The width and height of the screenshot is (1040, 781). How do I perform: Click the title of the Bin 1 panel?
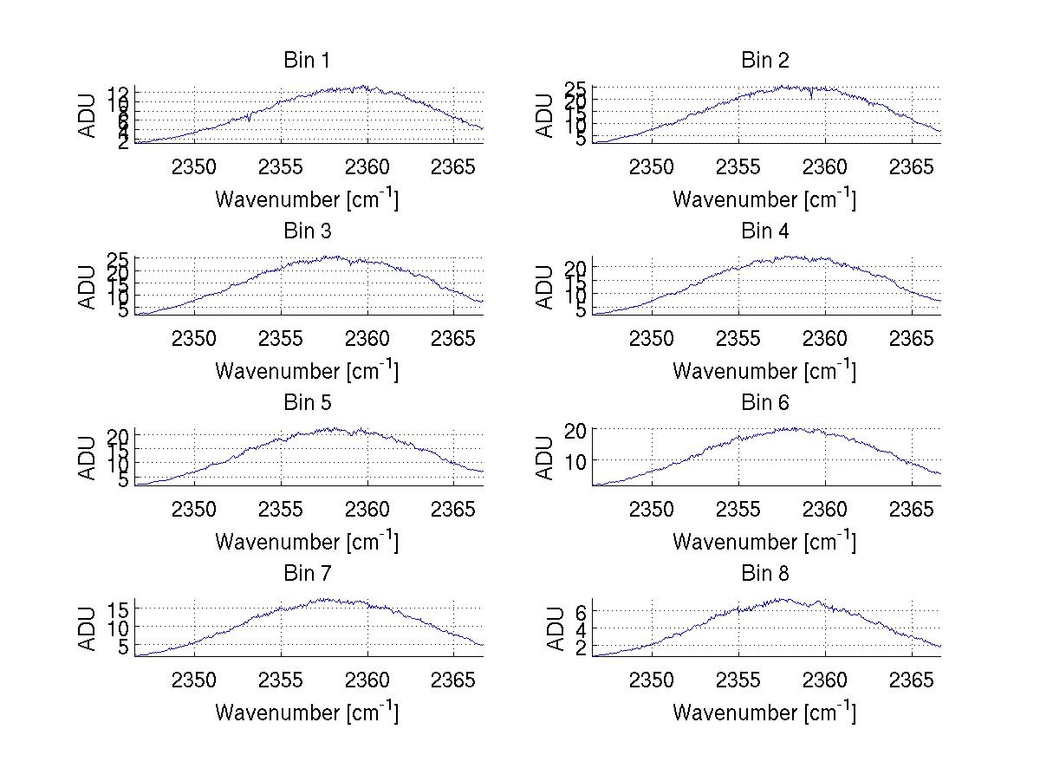(x=307, y=61)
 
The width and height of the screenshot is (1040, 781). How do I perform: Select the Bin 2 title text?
(x=765, y=61)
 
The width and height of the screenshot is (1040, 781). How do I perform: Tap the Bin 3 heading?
(x=307, y=231)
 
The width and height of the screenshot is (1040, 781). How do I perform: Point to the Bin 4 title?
(x=765, y=231)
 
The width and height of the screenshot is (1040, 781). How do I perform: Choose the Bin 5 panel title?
(x=307, y=403)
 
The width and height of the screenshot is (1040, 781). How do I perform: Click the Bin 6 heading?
(x=765, y=403)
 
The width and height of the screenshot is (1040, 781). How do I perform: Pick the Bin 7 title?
(x=307, y=574)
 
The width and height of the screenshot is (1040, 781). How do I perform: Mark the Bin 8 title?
(x=765, y=574)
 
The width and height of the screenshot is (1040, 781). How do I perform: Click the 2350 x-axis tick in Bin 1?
(x=194, y=166)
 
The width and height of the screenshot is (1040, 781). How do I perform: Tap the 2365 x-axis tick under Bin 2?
(x=912, y=166)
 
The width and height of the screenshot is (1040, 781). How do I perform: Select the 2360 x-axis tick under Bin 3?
(x=367, y=337)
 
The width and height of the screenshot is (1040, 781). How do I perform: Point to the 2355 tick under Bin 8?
(x=738, y=680)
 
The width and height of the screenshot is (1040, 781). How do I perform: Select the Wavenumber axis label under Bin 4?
(x=764, y=370)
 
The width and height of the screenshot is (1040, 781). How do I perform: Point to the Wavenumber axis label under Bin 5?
(x=306, y=541)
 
